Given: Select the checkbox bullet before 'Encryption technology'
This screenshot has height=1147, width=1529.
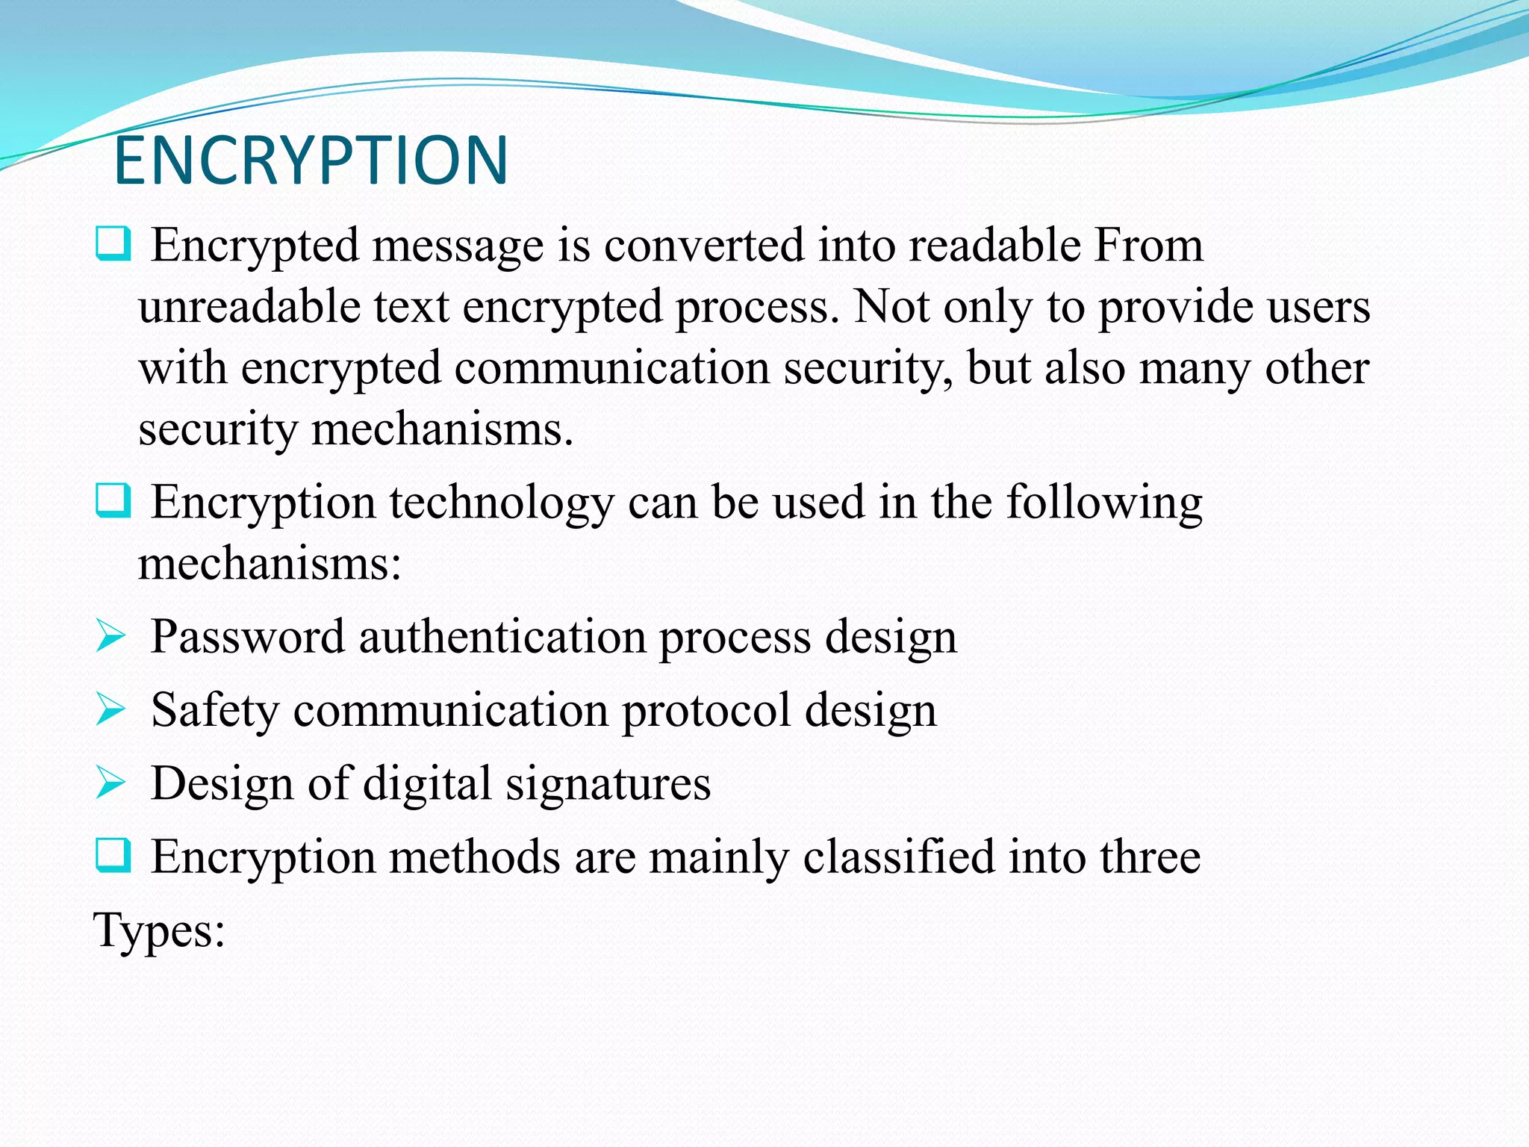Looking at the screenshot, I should point(113,500).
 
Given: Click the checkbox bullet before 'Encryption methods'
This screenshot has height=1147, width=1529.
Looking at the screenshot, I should point(113,855).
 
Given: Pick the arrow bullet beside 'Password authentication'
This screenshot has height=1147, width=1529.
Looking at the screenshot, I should point(110,637).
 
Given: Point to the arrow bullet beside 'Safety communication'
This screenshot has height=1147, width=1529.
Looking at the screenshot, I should point(110,709).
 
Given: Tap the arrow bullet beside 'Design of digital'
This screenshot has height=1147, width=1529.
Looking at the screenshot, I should point(110,783).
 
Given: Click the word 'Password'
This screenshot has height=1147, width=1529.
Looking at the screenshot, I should point(247,637).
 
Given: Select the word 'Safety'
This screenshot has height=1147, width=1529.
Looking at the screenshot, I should point(214,710).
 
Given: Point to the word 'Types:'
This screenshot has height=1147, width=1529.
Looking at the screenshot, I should point(159,931).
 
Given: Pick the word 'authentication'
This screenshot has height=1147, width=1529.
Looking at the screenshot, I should point(502,637).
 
